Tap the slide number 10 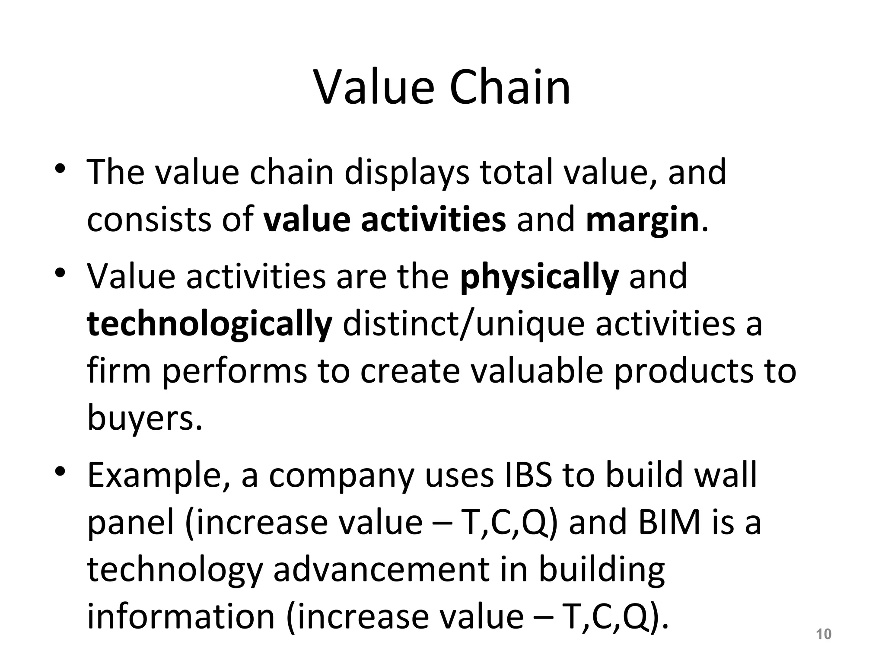(824, 634)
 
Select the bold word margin (642, 220)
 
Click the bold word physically (539, 277)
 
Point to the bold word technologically (210, 324)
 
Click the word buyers (145, 418)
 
